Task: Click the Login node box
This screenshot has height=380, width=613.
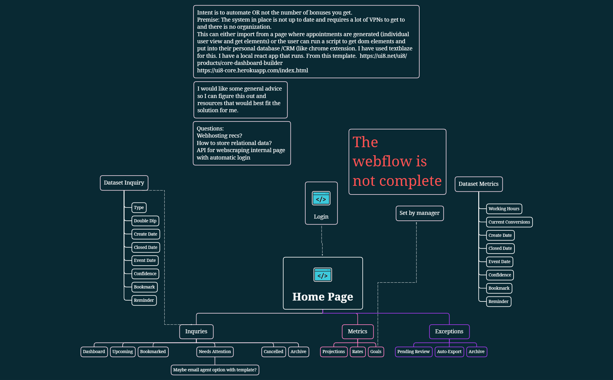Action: pos(321,203)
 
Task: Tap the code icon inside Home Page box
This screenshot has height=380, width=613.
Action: pos(323,275)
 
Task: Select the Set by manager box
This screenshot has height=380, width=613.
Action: pos(419,213)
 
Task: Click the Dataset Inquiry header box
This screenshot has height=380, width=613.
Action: pos(124,183)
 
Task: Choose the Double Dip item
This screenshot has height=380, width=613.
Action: pos(145,221)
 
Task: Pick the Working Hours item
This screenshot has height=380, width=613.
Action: pos(504,209)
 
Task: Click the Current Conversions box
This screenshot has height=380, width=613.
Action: pos(509,222)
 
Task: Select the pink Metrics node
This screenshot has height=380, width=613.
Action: pos(357,331)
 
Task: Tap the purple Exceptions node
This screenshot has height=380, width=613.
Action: pos(449,331)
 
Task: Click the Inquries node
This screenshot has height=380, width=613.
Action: pos(196,331)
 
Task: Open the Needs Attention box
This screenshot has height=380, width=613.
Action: pos(215,352)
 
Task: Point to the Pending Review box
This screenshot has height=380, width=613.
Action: pos(413,352)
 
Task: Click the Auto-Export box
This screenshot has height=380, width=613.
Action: pos(449,352)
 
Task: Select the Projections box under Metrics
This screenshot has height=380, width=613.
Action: pos(333,352)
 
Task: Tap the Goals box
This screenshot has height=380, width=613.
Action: pos(376,352)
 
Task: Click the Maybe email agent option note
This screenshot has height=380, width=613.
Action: pos(215,370)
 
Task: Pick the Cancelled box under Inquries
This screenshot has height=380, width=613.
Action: pos(273,352)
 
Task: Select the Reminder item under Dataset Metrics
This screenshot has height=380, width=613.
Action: pos(498,301)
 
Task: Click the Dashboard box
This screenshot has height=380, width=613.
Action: pos(94,352)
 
